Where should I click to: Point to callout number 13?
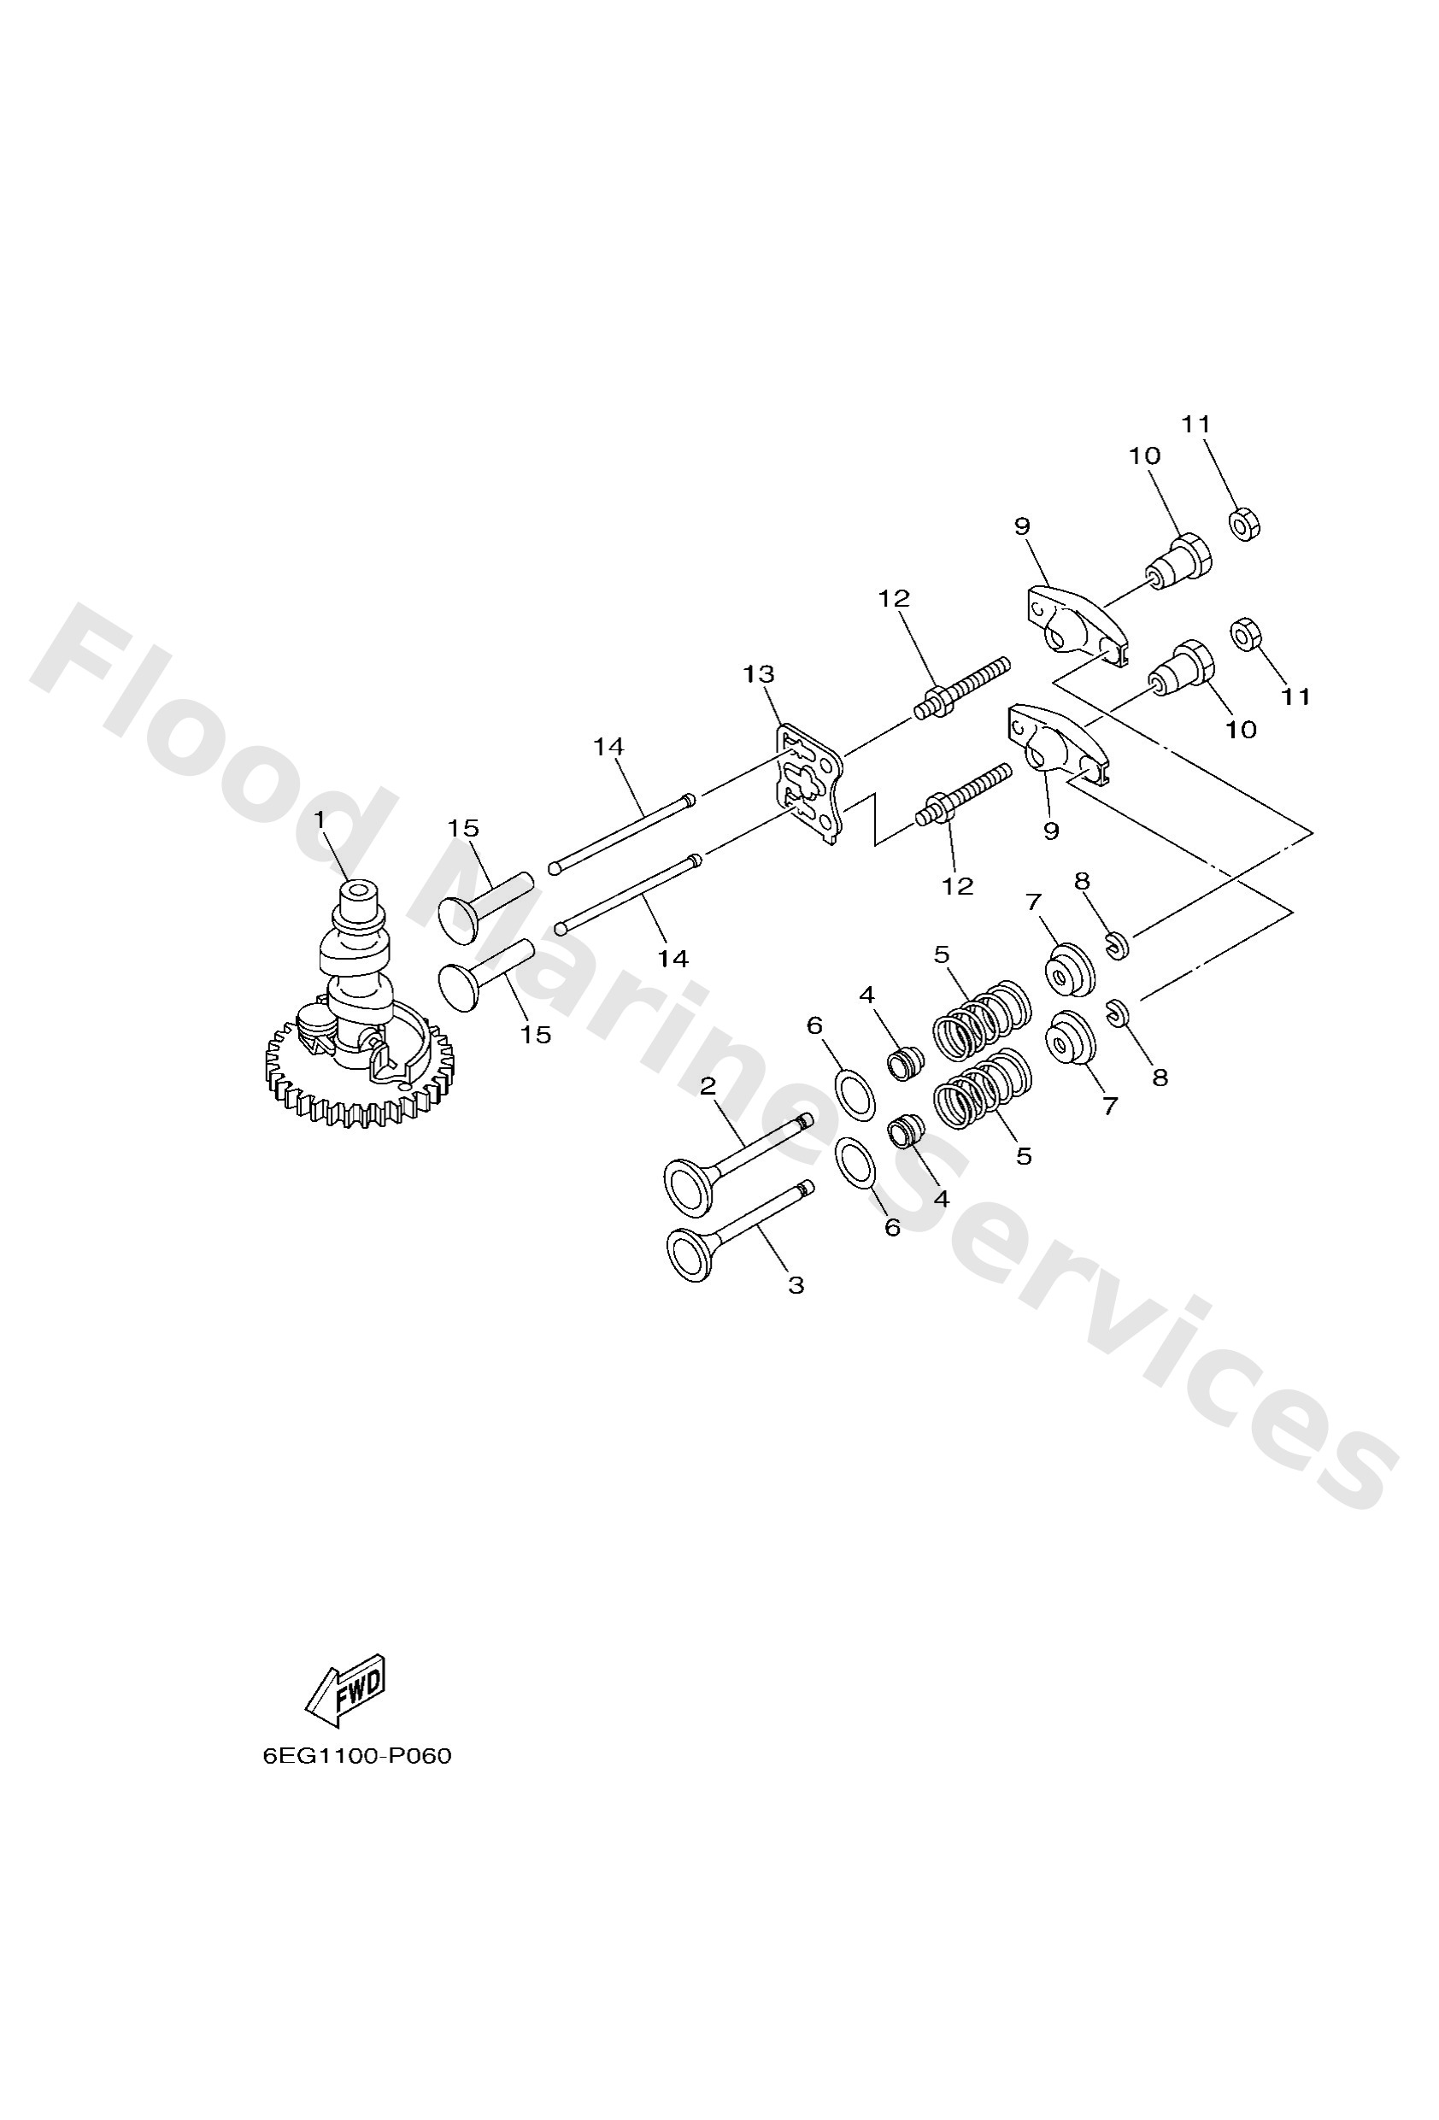tap(758, 674)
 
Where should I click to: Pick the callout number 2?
tap(708, 1085)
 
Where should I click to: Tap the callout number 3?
tap(796, 1285)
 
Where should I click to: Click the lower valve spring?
tap(983, 1090)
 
